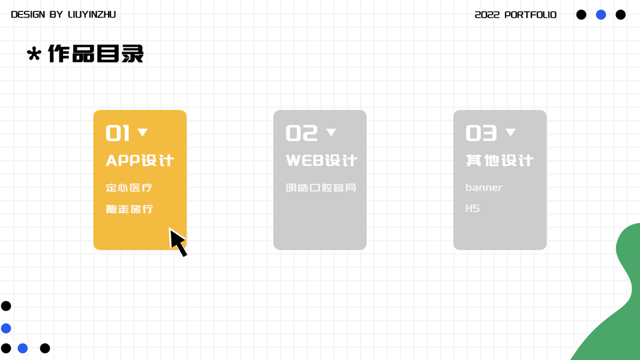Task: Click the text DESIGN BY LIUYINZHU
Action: (x=63, y=14)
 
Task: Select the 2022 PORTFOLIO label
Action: (x=515, y=15)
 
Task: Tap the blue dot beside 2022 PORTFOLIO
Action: (x=601, y=14)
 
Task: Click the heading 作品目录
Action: (x=96, y=54)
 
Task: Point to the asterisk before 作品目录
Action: (x=34, y=54)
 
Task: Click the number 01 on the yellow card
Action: (x=118, y=133)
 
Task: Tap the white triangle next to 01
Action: (x=142, y=132)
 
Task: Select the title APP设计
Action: (x=140, y=160)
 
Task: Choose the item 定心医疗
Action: (x=129, y=188)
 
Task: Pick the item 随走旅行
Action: (x=130, y=209)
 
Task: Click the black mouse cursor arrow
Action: (x=177, y=242)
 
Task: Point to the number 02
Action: (x=302, y=133)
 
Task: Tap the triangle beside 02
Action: (x=331, y=132)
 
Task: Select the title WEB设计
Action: (x=321, y=160)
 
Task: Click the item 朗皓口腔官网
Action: (x=321, y=188)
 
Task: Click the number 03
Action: (x=481, y=133)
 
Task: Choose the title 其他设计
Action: (x=500, y=160)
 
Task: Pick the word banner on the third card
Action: (x=484, y=187)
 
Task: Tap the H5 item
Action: (x=473, y=209)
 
